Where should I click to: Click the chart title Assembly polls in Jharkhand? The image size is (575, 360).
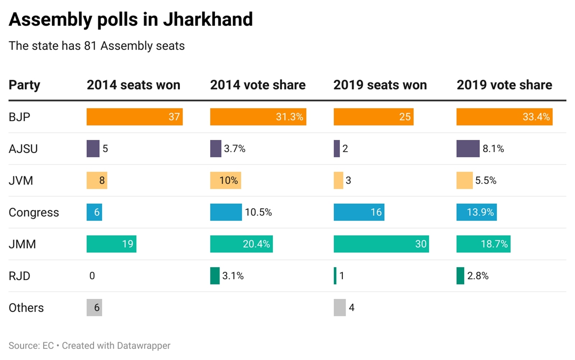click(x=131, y=19)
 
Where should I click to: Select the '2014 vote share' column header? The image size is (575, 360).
click(x=258, y=85)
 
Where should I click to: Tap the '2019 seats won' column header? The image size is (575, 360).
click(x=380, y=85)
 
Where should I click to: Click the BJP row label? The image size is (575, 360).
click(x=19, y=117)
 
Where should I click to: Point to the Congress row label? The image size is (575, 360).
click(x=34, y=212)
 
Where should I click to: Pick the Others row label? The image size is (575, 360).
click(x=26, y=308)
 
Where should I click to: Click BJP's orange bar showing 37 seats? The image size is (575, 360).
click(x=134, y=117)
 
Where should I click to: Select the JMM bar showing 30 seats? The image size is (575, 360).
click(x=381, y=244)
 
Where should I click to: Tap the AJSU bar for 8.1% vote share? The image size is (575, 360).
click(x=468, y=149)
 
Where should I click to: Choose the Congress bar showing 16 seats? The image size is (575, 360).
click(x=359, y=212)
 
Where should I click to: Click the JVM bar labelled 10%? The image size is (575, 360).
click(x=225, y=180)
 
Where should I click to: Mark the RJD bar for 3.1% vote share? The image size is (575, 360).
click(x=215, y=276)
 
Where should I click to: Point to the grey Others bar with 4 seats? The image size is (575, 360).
click(x=340, y=307)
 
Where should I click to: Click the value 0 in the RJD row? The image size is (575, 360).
click(x=92, y=276)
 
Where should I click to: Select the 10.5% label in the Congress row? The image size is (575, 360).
click(x=258, y=212)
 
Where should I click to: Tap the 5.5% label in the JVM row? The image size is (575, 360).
click(x=486, y=180)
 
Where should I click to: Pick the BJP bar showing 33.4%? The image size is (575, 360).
click(x=504, y=117)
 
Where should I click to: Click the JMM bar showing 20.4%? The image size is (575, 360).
click(x=241, y=244)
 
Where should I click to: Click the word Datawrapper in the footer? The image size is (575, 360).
click(x=143, y=346)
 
